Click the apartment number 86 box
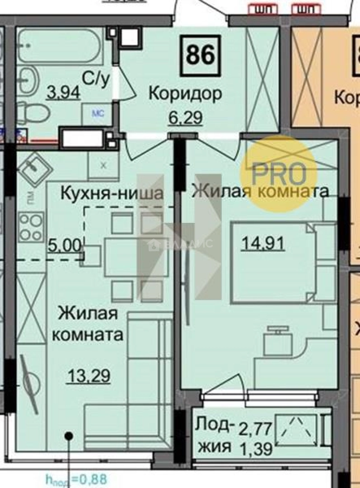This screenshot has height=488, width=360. [200, 56]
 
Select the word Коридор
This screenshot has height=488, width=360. [185, 94]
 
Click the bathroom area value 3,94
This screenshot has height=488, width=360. [64, 93]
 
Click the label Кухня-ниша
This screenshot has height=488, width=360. [111, 194]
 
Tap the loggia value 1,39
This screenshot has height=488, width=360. [254, 449]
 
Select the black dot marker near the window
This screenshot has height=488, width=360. [69, 436]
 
